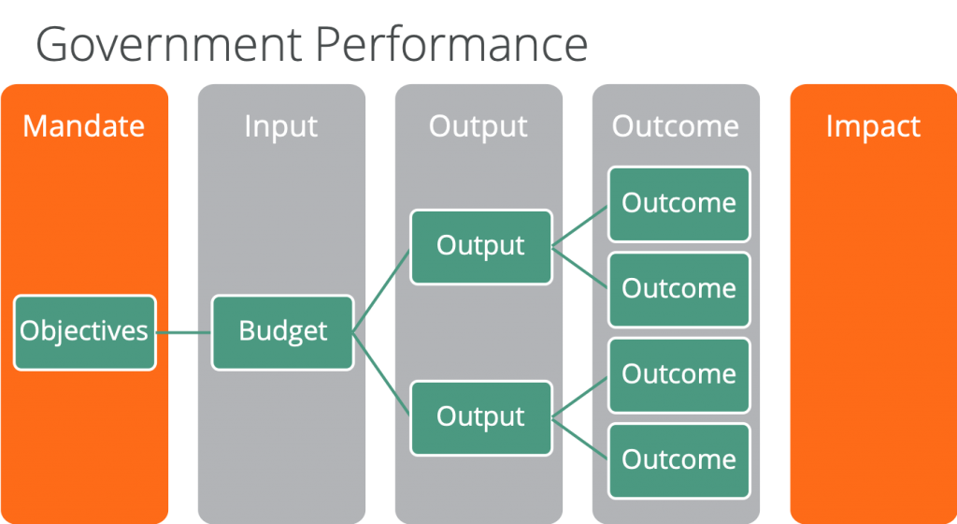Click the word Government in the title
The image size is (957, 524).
169,44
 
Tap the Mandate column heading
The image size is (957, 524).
83,126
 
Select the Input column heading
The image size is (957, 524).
280,127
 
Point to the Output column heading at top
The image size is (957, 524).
478,127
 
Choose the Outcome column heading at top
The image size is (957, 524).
676,126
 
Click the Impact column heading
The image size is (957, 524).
873,127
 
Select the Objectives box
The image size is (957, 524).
85,332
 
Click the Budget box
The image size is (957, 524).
282,332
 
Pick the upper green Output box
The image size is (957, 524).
481,247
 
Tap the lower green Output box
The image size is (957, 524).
481,417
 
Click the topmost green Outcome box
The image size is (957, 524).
679,204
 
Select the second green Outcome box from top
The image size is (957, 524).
679,289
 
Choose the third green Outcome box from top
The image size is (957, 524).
679,375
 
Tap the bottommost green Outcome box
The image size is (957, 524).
679,460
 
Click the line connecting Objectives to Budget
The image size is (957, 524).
184,333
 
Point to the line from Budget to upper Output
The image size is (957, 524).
381,291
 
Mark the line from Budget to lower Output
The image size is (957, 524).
381,373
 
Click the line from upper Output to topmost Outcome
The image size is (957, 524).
579,226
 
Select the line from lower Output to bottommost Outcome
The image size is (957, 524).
579,439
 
